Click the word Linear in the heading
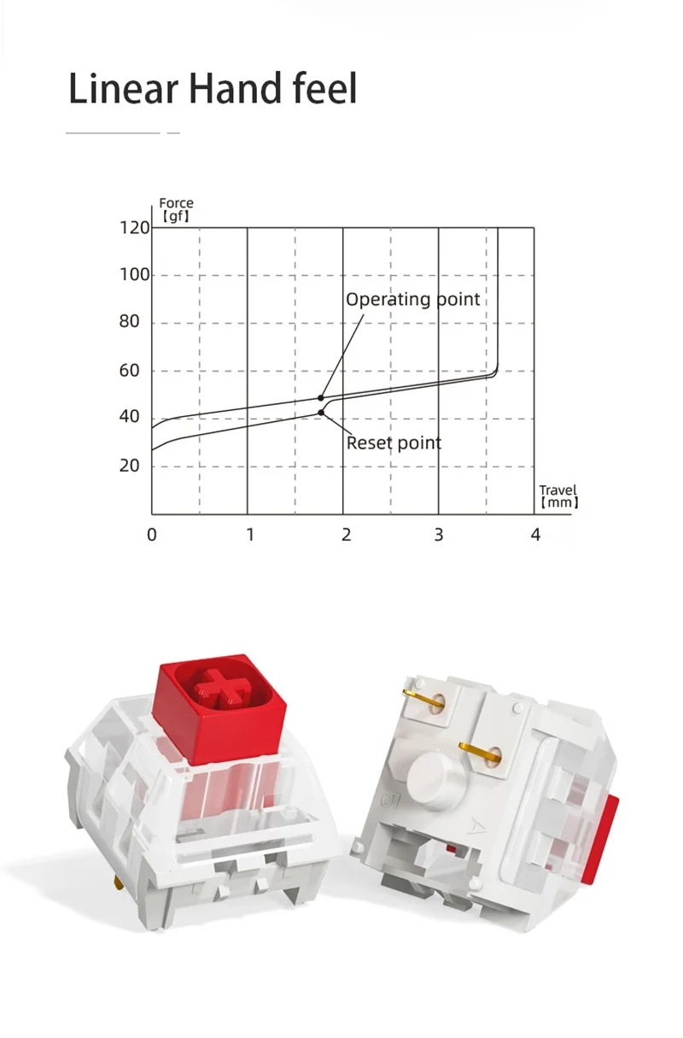click(x=123, y=88)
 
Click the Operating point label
click(x=412, y=299)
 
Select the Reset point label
click(x=394, y=443)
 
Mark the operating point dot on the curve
click(x=321, y=398)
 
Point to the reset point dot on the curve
click(x=321, y=413)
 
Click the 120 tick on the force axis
click(x=135, y=228)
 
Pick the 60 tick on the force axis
click(x=129, y=371)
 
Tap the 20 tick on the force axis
click(x=129, y=466)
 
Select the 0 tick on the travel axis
click(x=152, y=535)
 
